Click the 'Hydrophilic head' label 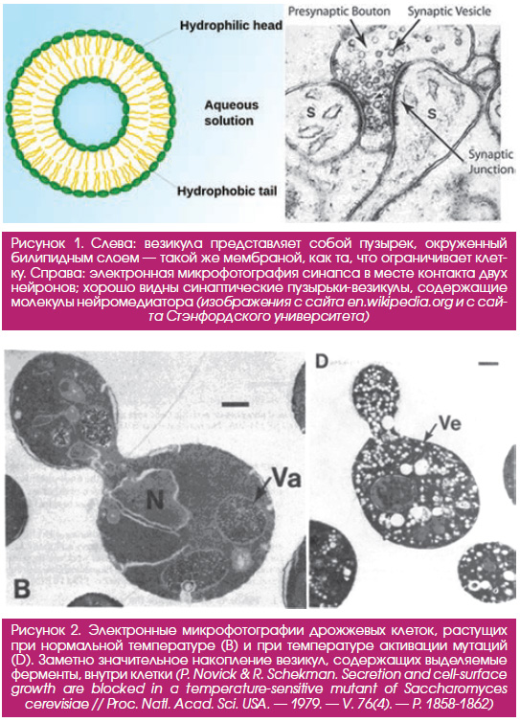231,25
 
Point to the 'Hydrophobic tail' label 227,191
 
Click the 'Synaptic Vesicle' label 449,11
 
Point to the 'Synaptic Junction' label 491,162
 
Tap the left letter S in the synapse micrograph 311,111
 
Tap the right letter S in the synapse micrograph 432,112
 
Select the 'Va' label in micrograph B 286,479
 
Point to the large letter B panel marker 21,588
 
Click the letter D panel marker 322,362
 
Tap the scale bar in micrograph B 236,404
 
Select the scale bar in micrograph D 488,364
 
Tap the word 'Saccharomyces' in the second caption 457,688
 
